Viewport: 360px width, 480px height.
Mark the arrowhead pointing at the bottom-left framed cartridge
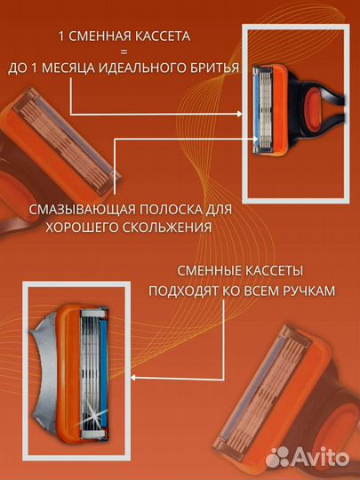132,377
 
